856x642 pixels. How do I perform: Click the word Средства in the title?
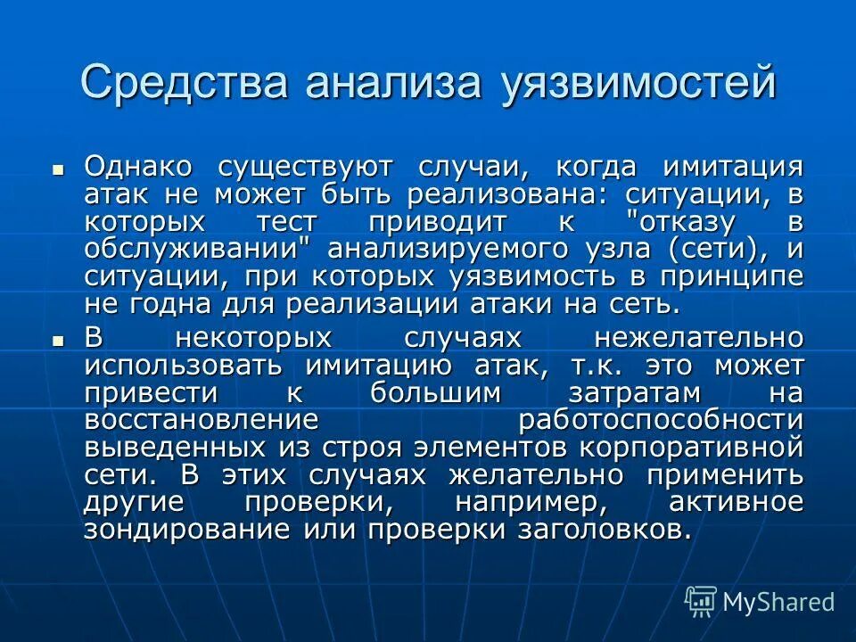[185, 83]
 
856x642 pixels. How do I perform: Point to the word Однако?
[139, 167]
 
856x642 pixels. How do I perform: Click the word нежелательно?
[698, 338]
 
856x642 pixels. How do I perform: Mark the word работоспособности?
[661, 420]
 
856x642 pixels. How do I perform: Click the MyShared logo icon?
[701, 602]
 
